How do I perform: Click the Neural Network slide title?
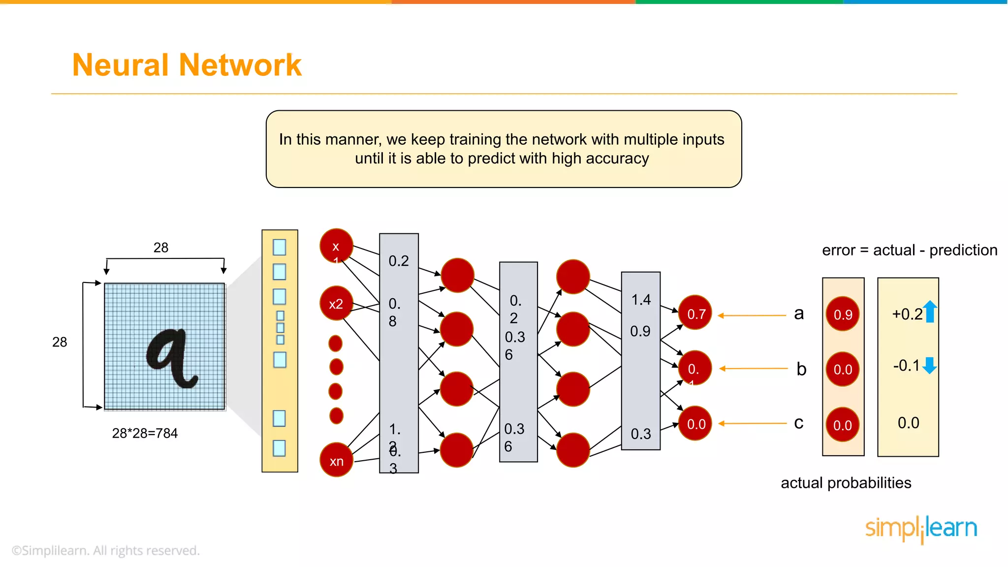[187, 65]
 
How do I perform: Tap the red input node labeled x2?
[336, 304]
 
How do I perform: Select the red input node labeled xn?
[337, 460]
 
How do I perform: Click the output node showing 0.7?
[695, 313]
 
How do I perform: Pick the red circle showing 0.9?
[843, 314]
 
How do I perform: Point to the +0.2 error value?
[907, 314]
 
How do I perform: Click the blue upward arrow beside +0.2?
[930, 312]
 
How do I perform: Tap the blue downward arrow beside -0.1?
[929, 366]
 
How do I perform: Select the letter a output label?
[799, 313]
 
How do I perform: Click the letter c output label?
[798, 423]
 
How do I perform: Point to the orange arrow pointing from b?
[753, 368]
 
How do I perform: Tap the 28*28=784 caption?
[145, 433]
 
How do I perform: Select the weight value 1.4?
[641, 299]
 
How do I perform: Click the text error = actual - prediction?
[909, 250]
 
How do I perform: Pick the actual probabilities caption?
[846, 483]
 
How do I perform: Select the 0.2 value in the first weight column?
[399, 261]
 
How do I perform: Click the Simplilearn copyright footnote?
[106, 550]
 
